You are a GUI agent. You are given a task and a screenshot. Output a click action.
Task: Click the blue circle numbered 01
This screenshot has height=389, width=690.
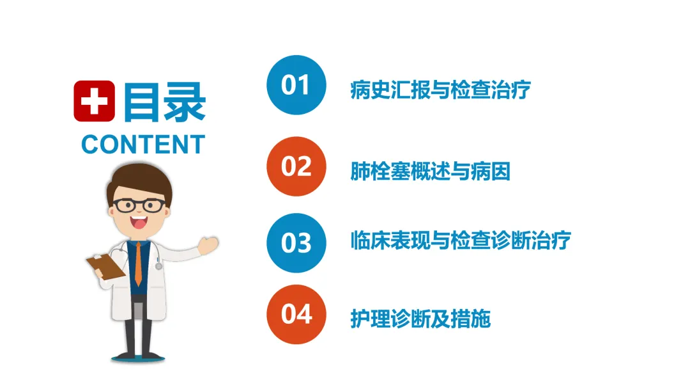[296, 85]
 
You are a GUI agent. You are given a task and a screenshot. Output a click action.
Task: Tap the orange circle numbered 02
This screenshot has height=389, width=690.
[296, 166]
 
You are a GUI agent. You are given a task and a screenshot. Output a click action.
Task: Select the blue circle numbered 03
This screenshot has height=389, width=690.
[296, 242]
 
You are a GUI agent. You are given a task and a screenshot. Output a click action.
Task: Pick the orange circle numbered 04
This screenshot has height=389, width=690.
[296, 314]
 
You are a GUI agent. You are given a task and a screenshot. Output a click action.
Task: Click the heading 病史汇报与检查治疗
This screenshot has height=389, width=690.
[440, 90]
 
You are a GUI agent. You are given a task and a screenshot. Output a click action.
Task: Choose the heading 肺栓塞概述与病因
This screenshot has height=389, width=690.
[431, 171]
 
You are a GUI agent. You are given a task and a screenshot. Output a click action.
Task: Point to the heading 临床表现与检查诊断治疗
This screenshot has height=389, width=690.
[461, 241]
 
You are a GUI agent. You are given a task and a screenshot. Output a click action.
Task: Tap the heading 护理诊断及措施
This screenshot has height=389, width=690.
[420, 319]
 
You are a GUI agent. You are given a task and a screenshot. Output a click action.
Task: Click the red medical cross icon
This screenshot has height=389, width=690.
[94, 101]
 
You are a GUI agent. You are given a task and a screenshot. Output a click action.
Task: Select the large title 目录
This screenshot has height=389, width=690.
[165, 102]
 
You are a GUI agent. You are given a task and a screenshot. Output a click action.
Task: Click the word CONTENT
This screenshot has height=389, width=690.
[144, 145]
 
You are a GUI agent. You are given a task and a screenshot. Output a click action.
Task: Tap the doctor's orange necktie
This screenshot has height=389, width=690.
[138, 264]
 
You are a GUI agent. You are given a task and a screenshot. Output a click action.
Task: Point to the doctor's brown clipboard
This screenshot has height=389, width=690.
[105, 266]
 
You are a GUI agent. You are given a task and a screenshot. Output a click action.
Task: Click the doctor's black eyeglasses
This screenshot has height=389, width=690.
[139, 205]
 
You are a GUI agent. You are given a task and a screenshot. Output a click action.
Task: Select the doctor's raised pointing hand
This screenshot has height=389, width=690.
[208, 245]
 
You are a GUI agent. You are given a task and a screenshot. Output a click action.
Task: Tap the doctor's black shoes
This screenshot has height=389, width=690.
[138, 355]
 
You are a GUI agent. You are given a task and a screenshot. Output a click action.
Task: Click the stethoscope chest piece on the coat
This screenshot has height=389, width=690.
[159, 266]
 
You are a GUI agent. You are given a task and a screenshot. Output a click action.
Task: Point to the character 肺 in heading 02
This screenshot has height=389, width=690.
[360, 171]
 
